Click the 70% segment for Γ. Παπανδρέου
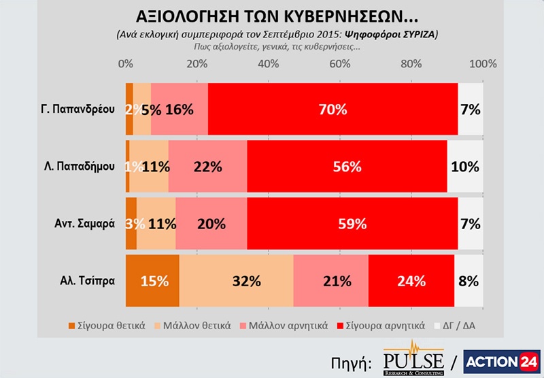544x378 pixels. pos(333,109)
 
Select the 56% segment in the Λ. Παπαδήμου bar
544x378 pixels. pos(347,166)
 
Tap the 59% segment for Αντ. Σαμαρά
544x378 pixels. pos(352,223)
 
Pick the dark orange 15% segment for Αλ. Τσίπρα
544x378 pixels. pos(152,280)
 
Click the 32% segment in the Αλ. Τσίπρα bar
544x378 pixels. pos(236,280)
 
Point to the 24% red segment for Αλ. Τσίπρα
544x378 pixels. pos(411,280)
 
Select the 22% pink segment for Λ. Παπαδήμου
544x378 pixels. pos(207,166)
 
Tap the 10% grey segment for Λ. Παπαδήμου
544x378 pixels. pos(465,166)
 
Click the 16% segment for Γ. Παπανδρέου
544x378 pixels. pos(180,109)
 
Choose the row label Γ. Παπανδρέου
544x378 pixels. pos(80,109)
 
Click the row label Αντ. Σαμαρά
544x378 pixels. pos(86,223)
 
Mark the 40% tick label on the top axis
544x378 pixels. pos(268,64)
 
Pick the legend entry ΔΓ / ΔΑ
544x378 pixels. pos(463,325)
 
